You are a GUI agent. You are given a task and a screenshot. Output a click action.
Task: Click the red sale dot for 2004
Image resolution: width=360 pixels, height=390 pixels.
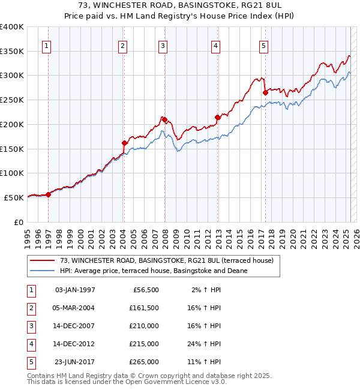(125, 143)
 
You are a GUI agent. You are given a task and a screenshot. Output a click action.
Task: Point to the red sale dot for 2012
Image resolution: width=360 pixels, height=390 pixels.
(218, 118)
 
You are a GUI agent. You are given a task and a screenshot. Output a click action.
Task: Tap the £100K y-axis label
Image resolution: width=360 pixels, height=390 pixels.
(12, 173)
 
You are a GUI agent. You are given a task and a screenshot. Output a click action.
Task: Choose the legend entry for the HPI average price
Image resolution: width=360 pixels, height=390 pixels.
(153, 271)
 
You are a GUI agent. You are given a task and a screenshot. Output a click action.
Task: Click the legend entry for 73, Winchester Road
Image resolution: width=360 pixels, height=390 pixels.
(166, 260)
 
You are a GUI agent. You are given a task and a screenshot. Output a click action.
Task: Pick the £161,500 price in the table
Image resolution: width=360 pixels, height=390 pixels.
(144, 308)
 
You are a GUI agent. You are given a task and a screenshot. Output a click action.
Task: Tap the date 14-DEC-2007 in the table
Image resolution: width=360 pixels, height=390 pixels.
(75, 326)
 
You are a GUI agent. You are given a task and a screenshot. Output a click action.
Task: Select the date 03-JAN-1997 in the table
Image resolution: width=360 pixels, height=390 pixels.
(75, 290)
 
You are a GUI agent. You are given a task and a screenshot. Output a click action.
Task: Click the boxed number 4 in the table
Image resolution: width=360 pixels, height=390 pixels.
(29, 344)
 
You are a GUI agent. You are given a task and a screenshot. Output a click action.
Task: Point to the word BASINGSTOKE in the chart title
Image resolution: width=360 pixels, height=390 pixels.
(196, 5)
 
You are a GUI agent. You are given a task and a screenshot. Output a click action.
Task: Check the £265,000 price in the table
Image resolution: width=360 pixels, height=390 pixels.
(144, 362)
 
